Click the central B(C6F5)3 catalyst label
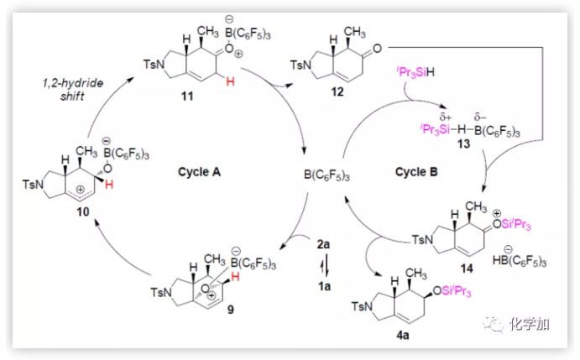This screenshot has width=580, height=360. click(x=328, y=176)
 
